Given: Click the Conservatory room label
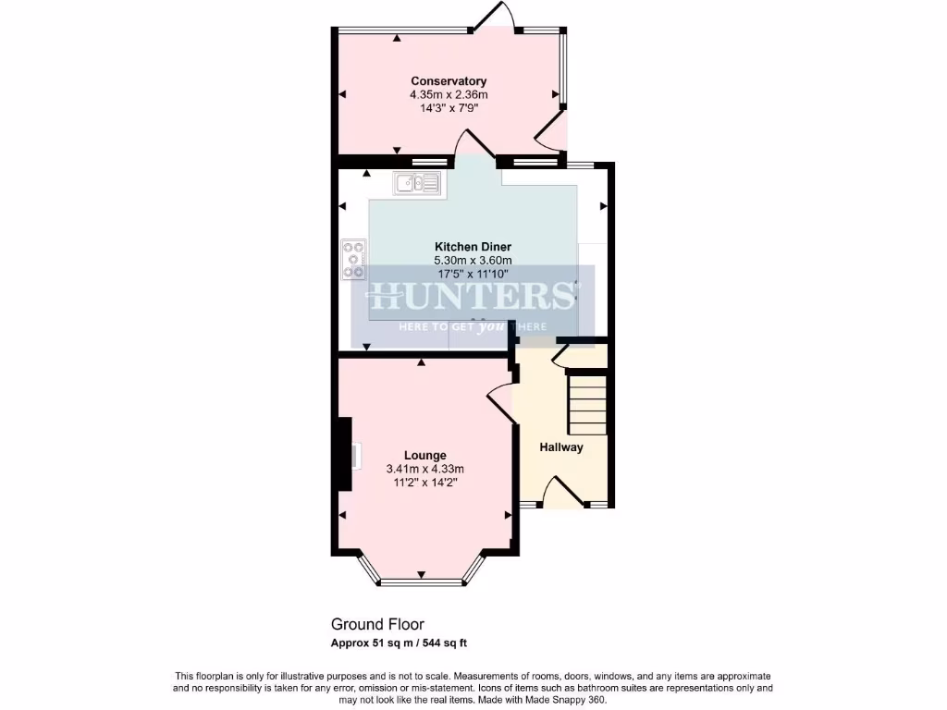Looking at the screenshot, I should click(x=449, y=81).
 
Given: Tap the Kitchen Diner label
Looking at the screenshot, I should click(x=473, y=247).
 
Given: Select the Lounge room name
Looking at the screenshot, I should click(x=425, y=455).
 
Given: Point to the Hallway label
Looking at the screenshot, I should click(x=561, y=447).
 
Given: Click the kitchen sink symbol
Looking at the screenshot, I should click(x=419, y=183).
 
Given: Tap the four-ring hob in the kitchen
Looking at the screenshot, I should click(x=353, y=260).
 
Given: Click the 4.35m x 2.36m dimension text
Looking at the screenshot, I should click(x=449, y=94).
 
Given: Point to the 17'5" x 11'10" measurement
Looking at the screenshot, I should click(x=473, y=274).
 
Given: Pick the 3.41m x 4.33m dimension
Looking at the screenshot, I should click(x=425, y=469).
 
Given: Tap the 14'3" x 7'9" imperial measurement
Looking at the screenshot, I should click(x=449, y=107).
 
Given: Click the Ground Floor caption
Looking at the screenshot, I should click(x=377, y=625).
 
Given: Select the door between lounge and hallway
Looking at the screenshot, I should click(x=500, y=403).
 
